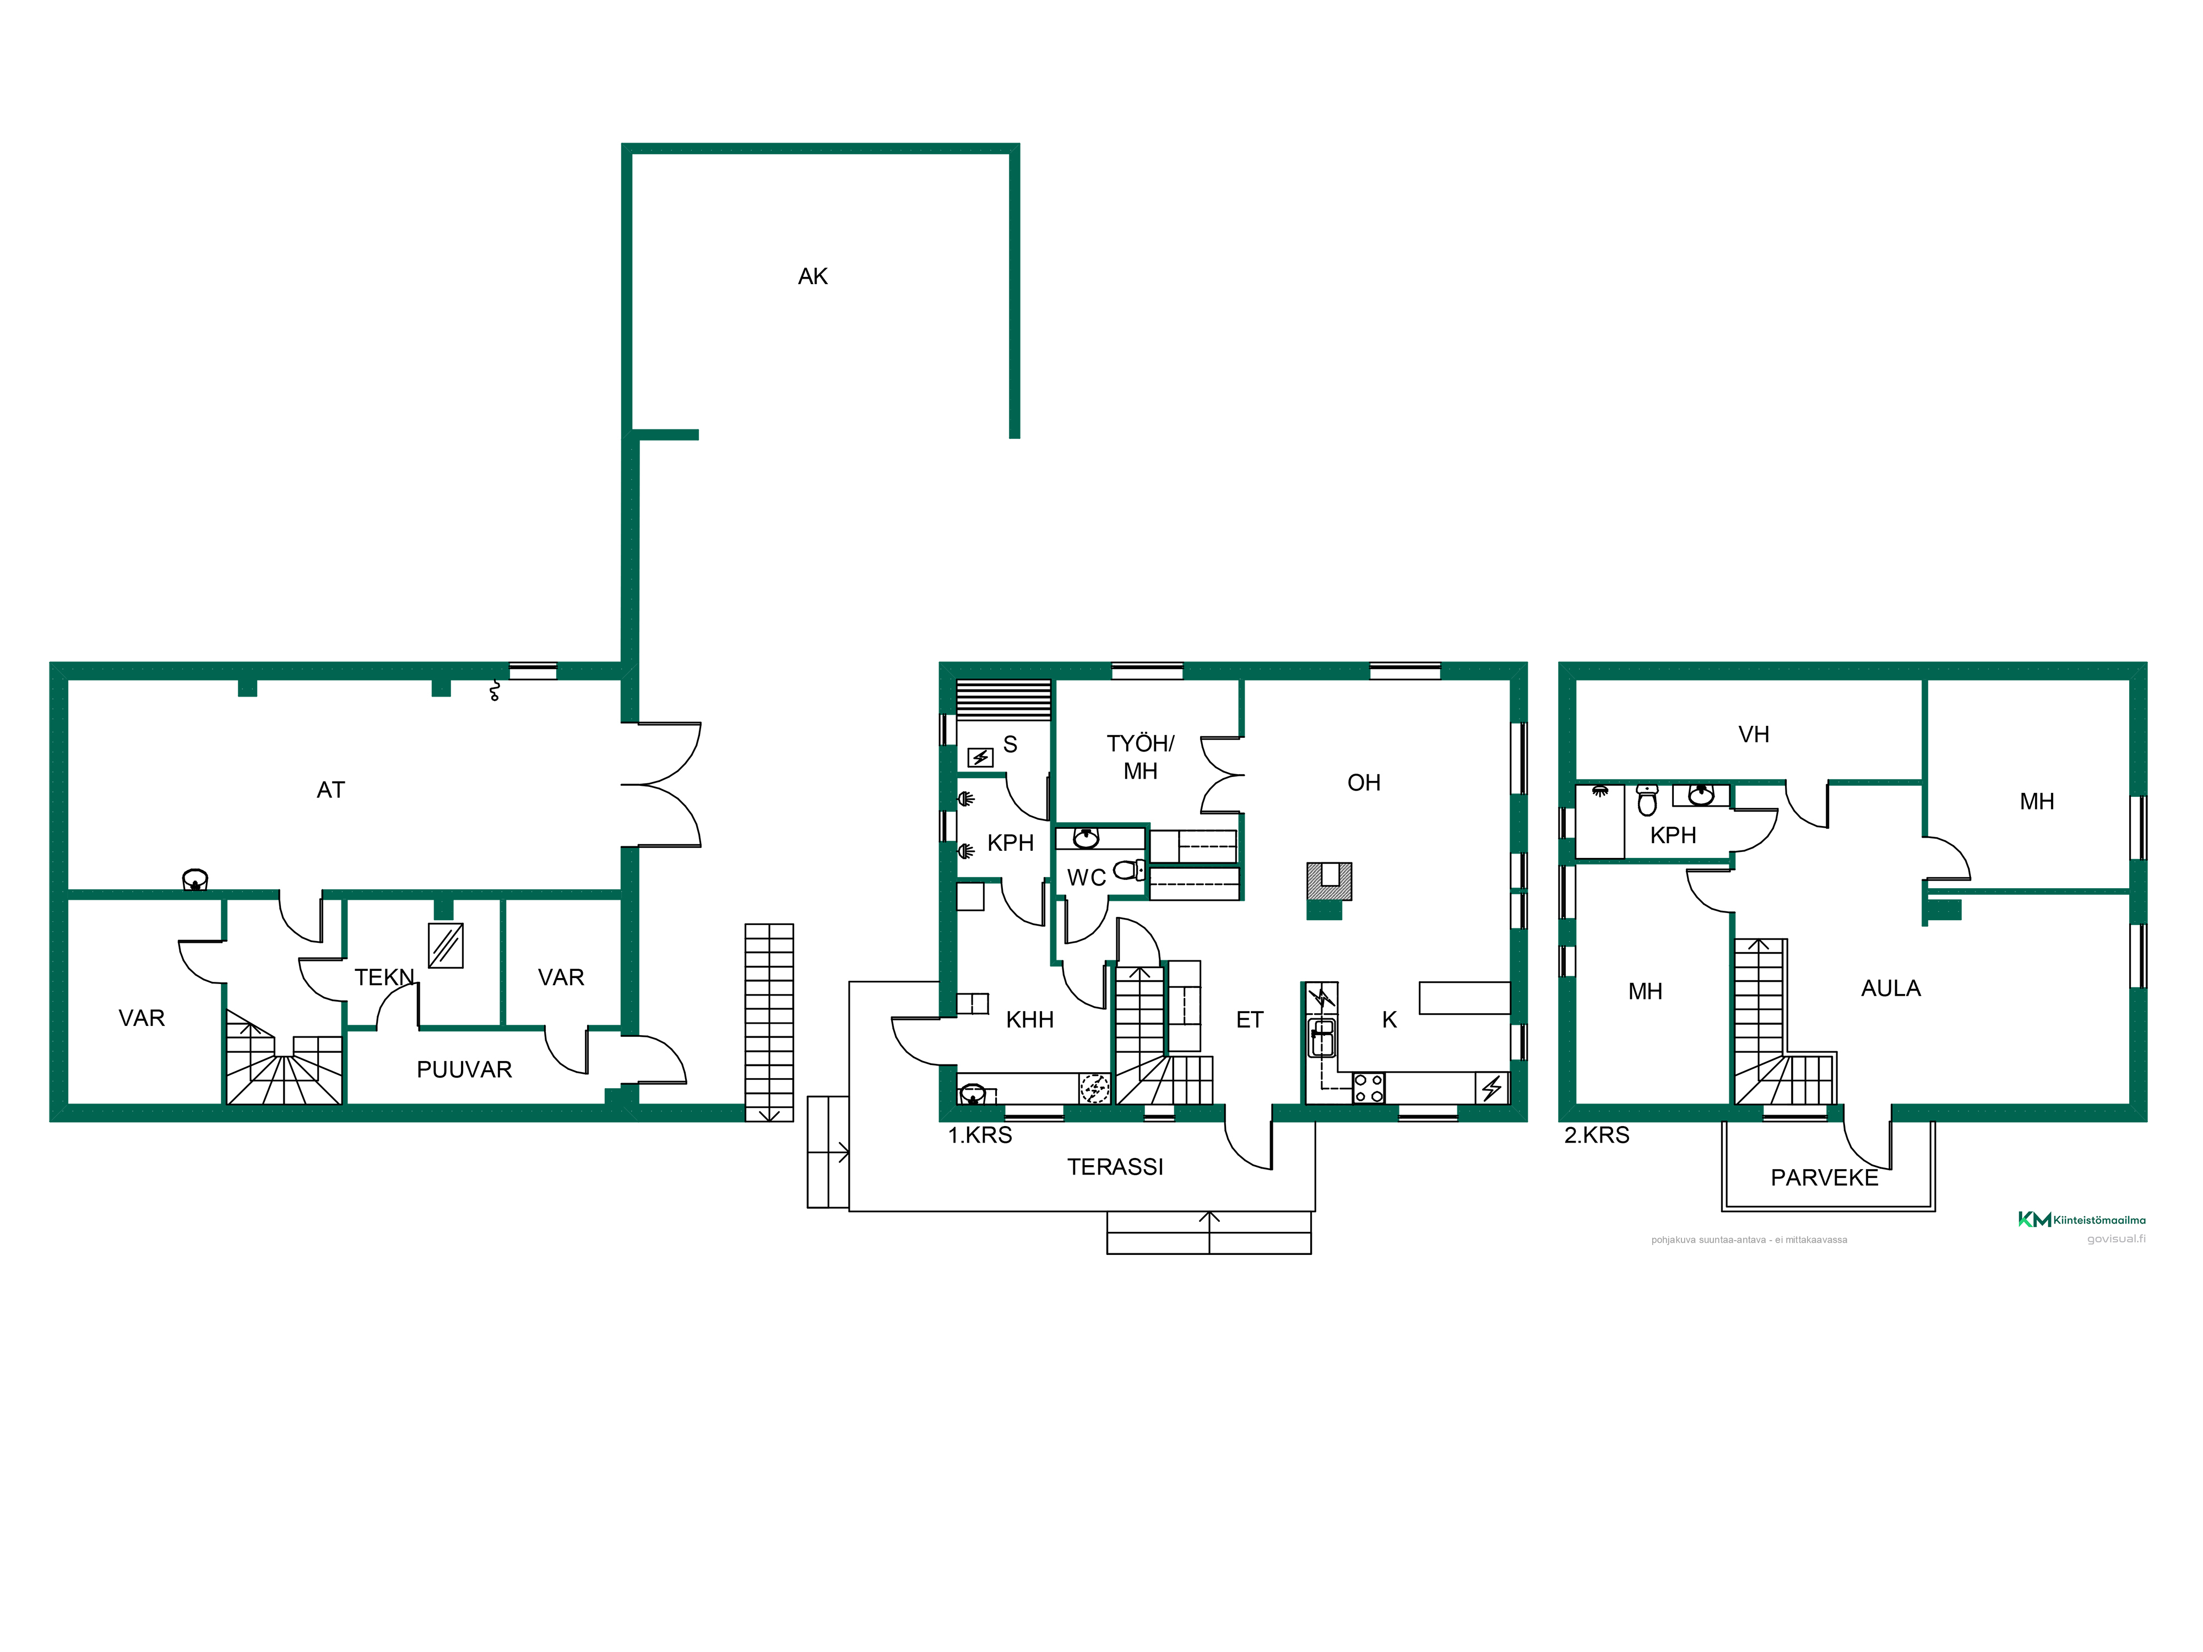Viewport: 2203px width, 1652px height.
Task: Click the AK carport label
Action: click(813, 277)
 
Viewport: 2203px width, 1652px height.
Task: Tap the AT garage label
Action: click(330, 791)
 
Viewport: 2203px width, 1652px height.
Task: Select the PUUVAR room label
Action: click(464, 1069)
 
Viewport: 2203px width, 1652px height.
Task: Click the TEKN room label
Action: click(384, 978)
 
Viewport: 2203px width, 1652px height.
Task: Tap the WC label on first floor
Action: click(1087, 878)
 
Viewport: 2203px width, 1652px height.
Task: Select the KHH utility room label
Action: click(1030, 1020)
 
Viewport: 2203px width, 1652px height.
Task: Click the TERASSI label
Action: click(1115, 1167)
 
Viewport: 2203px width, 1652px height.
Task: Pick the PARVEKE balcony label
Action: click(1825, 1178)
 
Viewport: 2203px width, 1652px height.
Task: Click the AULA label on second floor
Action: click(1891, 989)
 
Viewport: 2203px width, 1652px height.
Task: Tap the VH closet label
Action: click(1754, 735)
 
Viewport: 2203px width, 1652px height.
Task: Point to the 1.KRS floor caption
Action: click(980, 1135)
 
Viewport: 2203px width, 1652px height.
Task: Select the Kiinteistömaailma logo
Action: click(2081, 1220)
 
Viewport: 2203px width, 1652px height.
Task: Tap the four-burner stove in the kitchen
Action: click(1369, 1088)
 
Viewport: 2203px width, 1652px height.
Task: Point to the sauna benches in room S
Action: click(1003, 700)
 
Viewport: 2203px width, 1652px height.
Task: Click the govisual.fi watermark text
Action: click(2117, 1239)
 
